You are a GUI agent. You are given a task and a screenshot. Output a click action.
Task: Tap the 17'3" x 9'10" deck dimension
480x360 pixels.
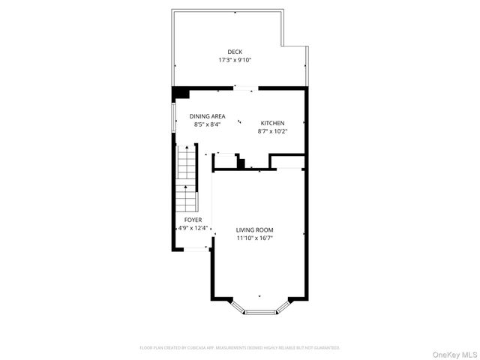click(235, 60)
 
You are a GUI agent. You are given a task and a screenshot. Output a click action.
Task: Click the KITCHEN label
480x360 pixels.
click(272, 123)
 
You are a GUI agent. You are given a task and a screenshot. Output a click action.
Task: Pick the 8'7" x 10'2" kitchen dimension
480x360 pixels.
click(272, 131)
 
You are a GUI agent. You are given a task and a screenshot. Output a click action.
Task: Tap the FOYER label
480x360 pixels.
click(193, 220)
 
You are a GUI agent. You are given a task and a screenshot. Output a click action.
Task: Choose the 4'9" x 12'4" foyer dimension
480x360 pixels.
click(193, 228)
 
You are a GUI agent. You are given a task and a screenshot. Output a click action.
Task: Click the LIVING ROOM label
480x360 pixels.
click(254, 229)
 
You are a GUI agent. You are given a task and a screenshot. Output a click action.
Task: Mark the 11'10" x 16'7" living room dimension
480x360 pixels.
click(254, 238)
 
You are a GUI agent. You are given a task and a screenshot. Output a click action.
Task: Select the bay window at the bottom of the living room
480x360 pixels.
click(261, 310)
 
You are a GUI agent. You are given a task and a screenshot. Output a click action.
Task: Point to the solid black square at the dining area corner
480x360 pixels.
click(180, 93)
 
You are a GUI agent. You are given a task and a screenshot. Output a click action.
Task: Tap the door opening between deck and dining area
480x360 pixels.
click(244, 88)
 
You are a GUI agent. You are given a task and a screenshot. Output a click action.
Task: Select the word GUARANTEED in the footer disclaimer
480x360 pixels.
click(324, 348)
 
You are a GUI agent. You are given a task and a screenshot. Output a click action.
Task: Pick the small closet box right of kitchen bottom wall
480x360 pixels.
click(286, 161)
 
